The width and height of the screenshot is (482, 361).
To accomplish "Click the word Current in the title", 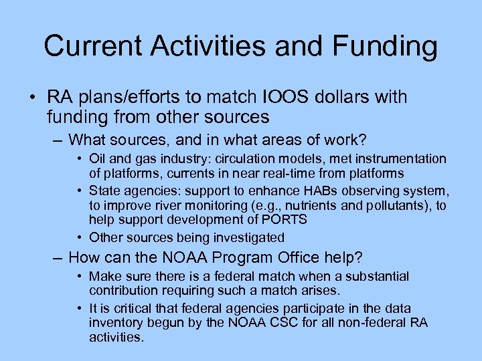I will click(x=93, y=47).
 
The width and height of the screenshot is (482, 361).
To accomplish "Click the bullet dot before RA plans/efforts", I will click(x=33, y=98).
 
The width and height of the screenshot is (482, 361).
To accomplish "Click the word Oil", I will click(x=98, y=159).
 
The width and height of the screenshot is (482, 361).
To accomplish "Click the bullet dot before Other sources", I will click(x=80, y=237).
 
